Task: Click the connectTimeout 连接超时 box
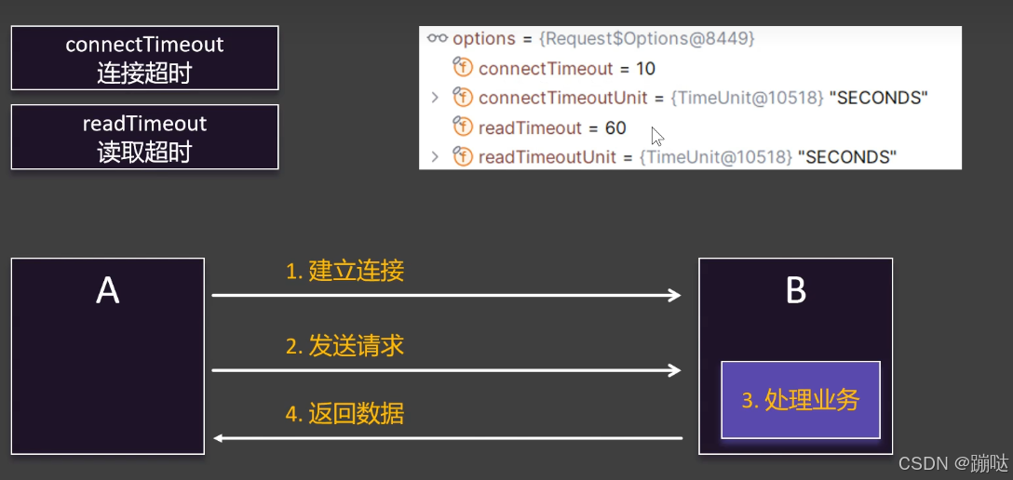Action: (144, 58)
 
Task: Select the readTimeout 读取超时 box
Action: (144, 137)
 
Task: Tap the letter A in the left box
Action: (108, 291)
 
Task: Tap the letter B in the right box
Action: (796, 291)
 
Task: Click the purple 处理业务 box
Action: (801, 400)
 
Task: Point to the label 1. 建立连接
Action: (344, 272)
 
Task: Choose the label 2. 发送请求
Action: (344, 346)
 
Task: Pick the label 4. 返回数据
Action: (344, 414)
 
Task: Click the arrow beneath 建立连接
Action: (447, 296)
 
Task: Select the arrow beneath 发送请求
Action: (447, 370)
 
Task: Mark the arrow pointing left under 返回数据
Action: (447, 437)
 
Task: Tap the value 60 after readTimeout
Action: (615, 128)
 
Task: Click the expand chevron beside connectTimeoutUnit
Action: (435, 98)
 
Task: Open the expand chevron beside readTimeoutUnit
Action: (435, 157)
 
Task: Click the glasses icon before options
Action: (438, 39)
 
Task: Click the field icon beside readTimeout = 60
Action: (463, 128)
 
